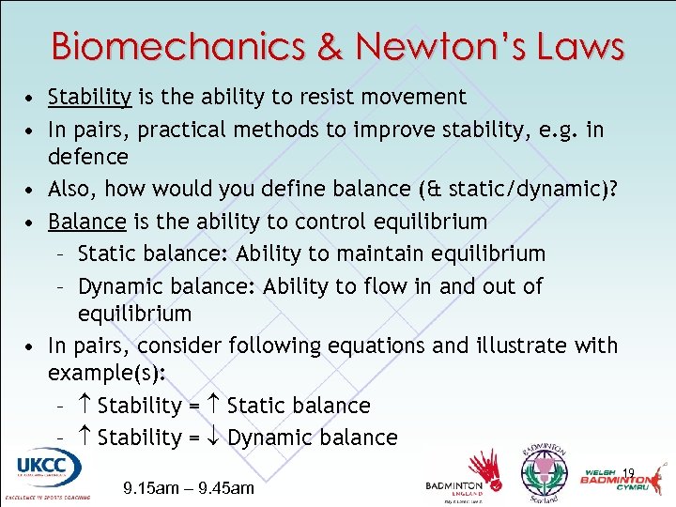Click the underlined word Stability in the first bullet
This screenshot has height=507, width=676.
click(90, 97)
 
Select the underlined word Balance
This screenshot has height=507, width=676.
click(86, 222)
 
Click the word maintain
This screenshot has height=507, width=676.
click(367, 253)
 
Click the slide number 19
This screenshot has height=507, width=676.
click(629, 473)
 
